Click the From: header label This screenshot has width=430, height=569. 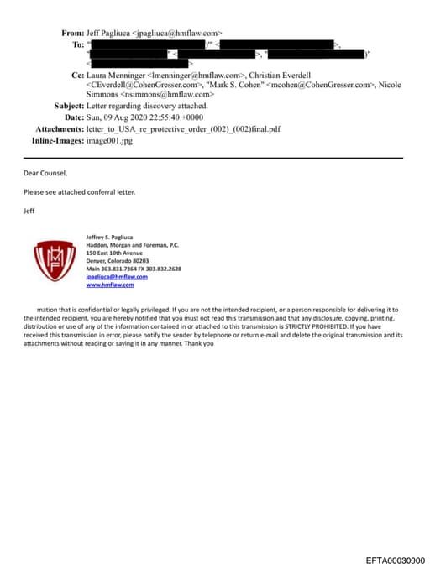tap(72, 33)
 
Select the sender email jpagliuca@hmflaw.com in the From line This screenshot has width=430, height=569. tap(180, 33)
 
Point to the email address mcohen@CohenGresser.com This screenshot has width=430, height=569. tap(330, 86)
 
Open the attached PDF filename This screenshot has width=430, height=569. tap(171, 129)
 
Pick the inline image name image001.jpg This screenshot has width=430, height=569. tap(109, 141)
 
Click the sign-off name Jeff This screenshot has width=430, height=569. tap(30, 210)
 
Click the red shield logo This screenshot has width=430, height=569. tap(54, 259)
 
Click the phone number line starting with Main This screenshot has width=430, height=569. tap(133, 269)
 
